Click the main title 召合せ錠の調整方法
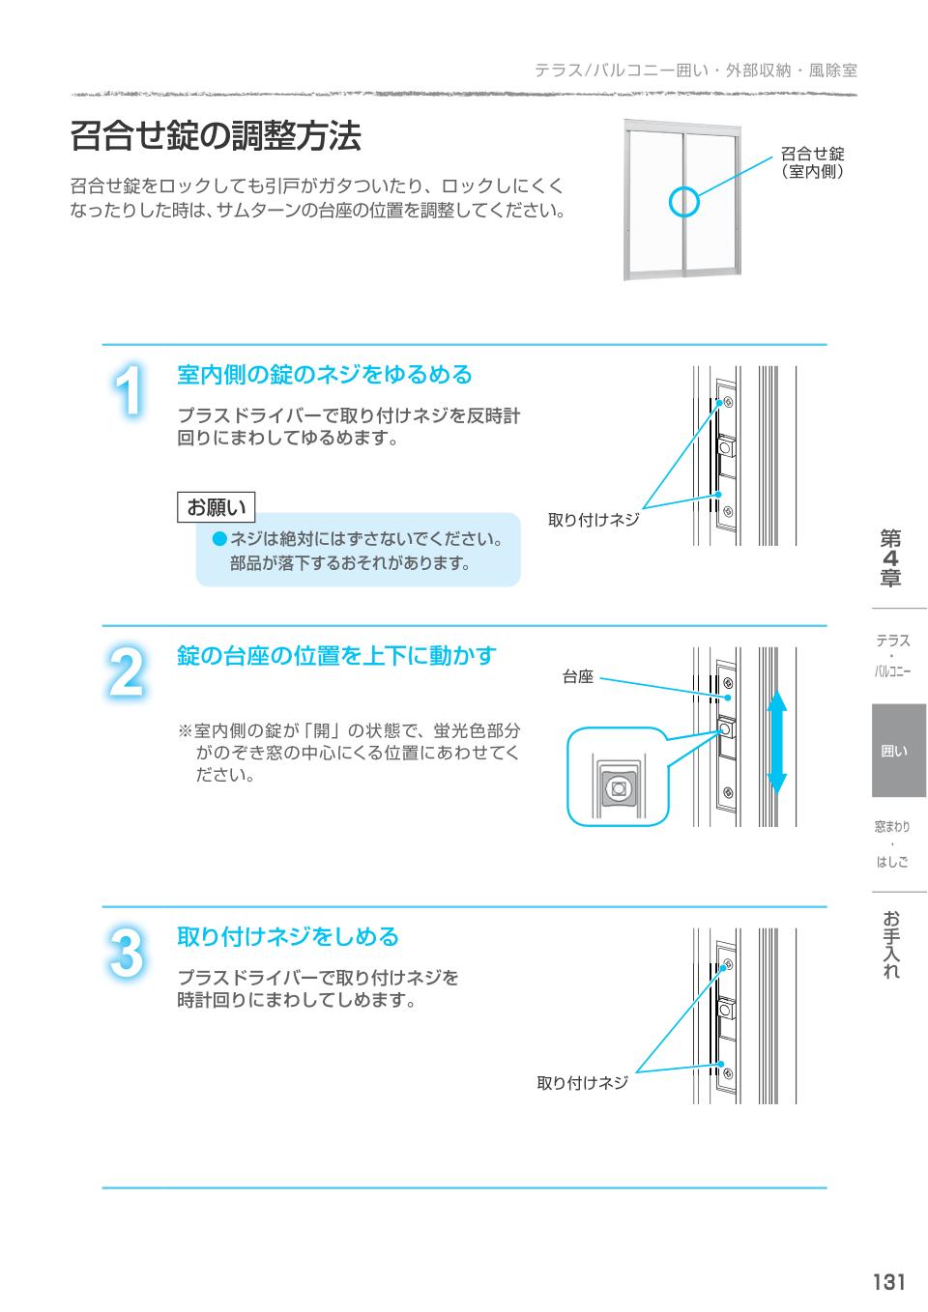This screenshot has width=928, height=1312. [x=216, y=136]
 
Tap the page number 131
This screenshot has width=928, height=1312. [x=888, y=1282]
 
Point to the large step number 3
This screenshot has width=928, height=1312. [x=126, y=953]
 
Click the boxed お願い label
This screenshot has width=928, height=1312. [x=216, y=507]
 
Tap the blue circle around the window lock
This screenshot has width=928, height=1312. [x=684, y=202]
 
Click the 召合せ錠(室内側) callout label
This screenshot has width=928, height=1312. [x=812, y=162]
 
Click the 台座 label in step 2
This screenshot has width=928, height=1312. [x=578, y=677]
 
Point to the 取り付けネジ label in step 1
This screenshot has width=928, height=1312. [x=594, y=520]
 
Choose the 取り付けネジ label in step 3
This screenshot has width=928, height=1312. [x=582, y=1083]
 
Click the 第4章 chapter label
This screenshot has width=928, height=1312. [x=889, y=558]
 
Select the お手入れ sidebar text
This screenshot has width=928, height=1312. [x=890, y=945]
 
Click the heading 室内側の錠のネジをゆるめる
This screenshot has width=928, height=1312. [x=325, y=374]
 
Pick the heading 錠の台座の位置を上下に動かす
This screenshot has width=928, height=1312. [x=336, y=656]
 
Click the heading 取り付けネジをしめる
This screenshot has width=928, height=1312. [x=288, y=936]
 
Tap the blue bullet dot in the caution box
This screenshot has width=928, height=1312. [x=219, y=538]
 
